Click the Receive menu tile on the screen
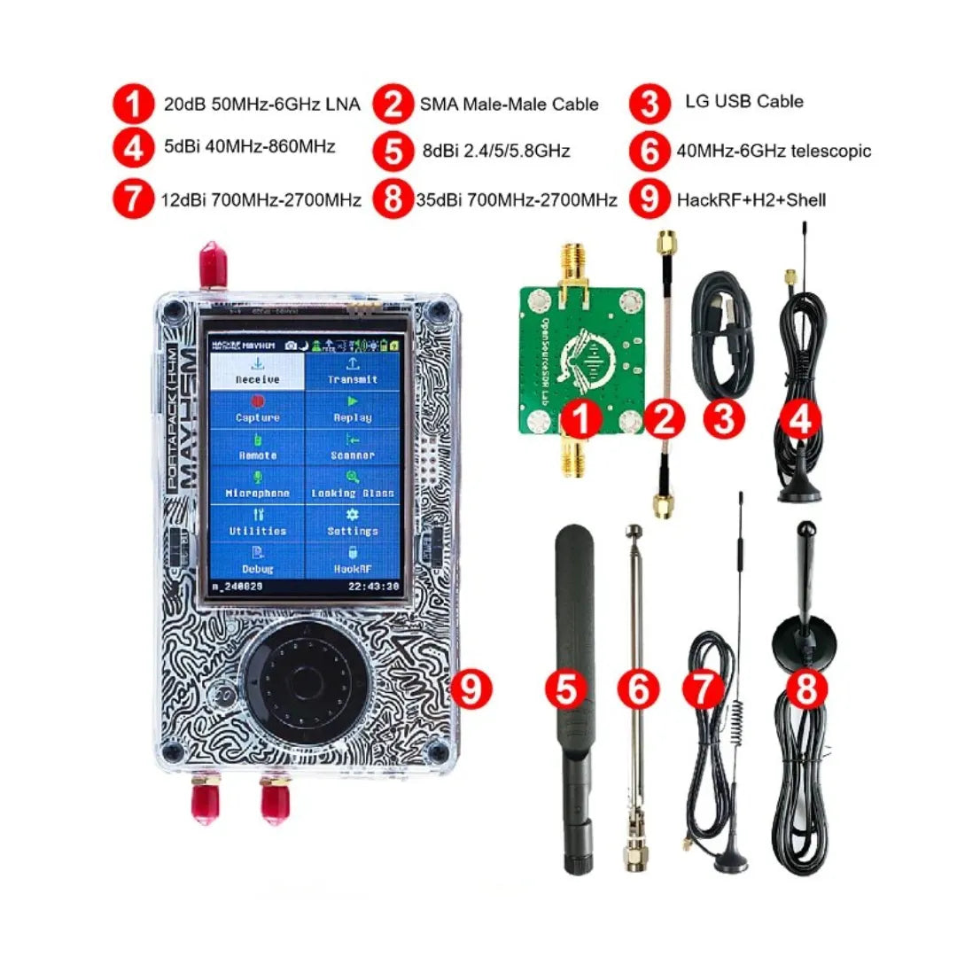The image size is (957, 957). tap(258, 372)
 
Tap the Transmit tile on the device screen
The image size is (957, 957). tap(353, 372)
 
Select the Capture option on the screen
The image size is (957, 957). tap(258, 410)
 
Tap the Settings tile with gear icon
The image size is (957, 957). tap(353, 524)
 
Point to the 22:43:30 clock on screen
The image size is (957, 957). tap(372, 587)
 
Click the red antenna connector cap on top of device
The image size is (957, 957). tap(210, 265)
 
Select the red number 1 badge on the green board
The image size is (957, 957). tap(581, 420)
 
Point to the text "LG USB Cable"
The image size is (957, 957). tap(743, 101)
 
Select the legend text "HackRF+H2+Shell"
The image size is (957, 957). tap(751, 200)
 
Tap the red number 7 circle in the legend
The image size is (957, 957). tap(133, 200)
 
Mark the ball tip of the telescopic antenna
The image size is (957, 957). tap(634, 532)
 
